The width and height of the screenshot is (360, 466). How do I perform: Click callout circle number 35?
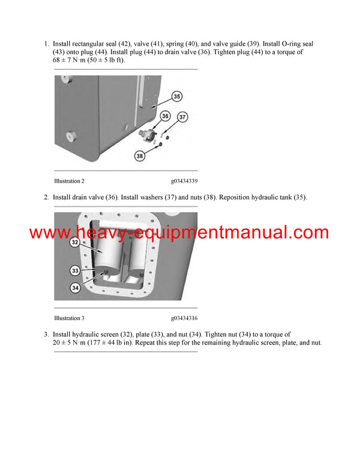(x=177, y=97)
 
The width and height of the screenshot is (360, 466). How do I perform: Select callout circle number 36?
(x=166, y=116)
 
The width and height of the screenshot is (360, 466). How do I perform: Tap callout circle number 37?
(x=183, y=116)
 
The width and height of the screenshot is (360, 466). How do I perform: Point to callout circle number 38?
(x=140, y=156)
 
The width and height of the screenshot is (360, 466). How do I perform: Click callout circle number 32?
(x=74, y=242)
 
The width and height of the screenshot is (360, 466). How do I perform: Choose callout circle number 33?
(x=74, y=270)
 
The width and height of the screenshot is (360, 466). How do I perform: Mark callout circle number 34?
(x=74, y=287)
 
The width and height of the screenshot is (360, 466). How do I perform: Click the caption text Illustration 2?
(x=69, y=181)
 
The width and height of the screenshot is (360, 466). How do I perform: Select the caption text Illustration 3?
(x=69, y=318)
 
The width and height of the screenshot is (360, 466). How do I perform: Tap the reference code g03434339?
(x=184, y=181)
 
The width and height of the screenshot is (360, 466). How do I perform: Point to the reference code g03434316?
(x=184, y=318)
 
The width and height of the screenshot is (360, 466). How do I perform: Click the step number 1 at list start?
(x=46, y=44)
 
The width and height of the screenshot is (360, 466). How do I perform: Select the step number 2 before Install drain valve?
(x=46, y=198)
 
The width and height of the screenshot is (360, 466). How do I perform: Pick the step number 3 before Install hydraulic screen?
(x=46, y=334)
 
